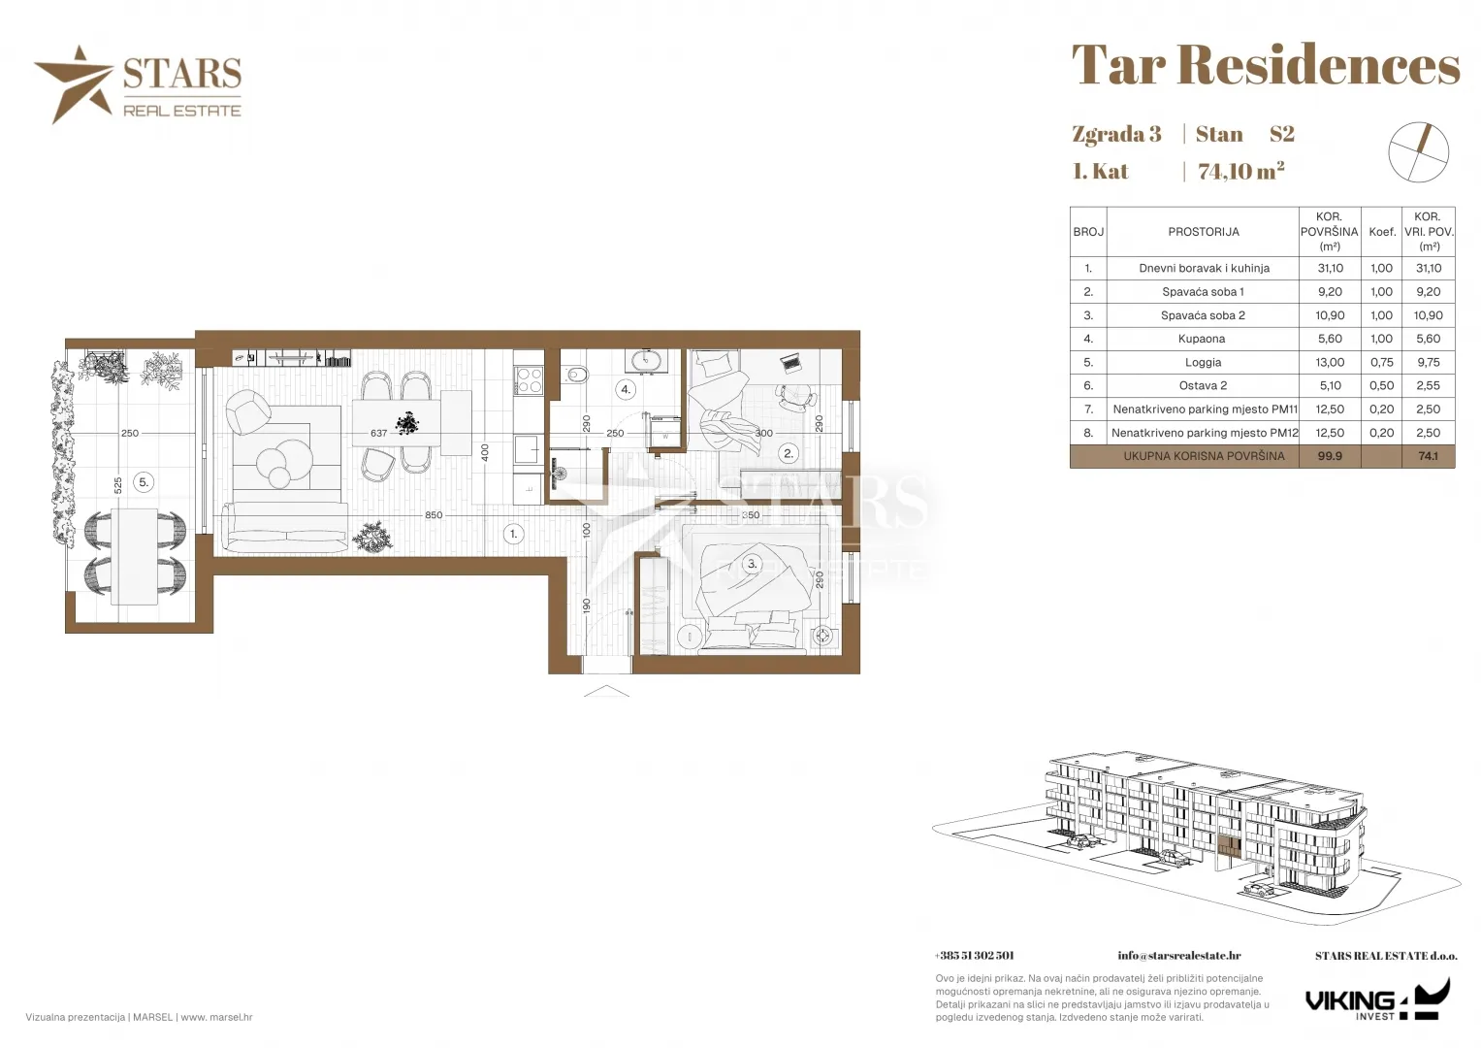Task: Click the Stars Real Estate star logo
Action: [74, 84]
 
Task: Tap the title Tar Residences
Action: [1266, 65]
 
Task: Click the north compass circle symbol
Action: [1418, 152]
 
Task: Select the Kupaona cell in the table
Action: [1202, 339]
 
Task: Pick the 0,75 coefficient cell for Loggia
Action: [1381, 363]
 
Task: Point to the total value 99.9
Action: [1330, 456]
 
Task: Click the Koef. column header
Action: [1381, 232]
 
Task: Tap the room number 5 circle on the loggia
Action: [144, 482]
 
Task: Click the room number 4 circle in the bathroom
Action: [626, 389]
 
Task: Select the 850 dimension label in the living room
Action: [434, 514]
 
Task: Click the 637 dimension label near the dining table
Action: [379, 434]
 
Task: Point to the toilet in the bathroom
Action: [576, 375]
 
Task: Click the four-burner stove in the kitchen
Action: [529, 381]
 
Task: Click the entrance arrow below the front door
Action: [606, 691]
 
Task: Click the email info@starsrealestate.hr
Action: [1178, 956]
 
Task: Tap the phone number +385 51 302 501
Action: [974, 956]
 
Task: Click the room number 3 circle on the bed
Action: [751, 564]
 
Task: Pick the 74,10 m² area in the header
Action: [1241, 171]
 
